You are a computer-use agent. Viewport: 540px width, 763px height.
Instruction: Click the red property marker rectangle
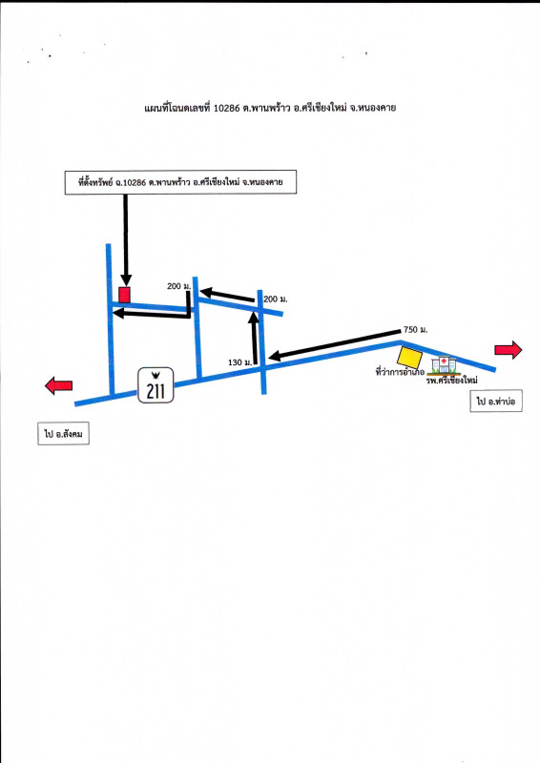pyautogui.click(x=125, y=295)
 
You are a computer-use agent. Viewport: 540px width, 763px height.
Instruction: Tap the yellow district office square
pyautogui.click(x=409, y=357)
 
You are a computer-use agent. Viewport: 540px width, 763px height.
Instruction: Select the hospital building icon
pyautogui.click(x=444, y=365)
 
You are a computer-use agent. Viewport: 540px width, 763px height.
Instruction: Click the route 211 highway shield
pyautogui.click(x=156, y=385)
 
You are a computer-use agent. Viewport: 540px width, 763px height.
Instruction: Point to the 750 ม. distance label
pyautogui.click(x=415, y=330)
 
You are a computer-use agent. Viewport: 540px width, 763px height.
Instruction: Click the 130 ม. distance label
pyautogui.click(x=239, y=362)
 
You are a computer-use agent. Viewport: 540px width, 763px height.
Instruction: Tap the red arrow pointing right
pyautogui.click(x=509, y=350)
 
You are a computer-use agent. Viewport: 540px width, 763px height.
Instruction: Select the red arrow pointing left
pyautogui.click(x=58, y=386)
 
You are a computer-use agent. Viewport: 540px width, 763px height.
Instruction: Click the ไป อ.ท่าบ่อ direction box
pyautogui.click(x=496, y=401)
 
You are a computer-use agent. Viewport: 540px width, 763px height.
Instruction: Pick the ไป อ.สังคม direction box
pyautogui.click(x=63, y=434)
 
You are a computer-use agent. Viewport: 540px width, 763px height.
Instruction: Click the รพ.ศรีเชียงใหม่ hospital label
pyautogui.click(x=452, y=381)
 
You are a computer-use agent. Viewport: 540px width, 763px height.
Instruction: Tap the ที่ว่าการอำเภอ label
pyautogui.click(x=400, y=373)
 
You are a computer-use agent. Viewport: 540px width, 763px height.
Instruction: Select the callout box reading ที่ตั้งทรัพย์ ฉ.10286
pyautogui.click(x=180, y=182)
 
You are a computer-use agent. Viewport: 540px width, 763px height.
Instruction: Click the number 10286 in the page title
pyautogui.click(x=227, y=108)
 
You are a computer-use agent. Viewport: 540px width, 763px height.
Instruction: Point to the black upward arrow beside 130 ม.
pyautogui.click(x=254, y=338)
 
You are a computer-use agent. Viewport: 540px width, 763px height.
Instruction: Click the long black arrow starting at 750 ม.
pyautogui.click(x=334, y=345)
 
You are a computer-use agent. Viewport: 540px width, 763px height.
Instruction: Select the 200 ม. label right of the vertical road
pyautogui.click(x=275, y=299)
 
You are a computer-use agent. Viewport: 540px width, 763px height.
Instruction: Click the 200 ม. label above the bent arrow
pyautogui.click(x=178, y=286)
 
